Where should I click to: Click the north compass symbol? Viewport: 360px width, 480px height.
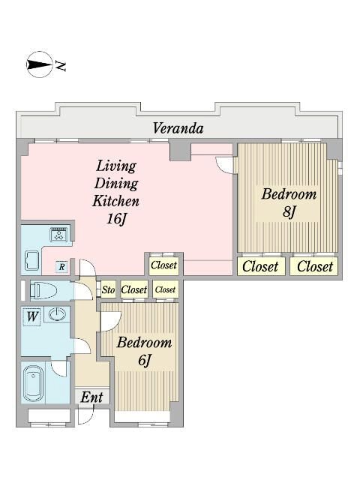[x=40, y=64]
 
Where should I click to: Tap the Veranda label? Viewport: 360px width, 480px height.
[x=178, y=128]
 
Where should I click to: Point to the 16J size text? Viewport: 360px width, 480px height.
[x=116, y=218]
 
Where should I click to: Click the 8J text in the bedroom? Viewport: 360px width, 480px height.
[x=289, y=211]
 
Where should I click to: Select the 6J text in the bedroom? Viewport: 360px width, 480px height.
[x=145, y=360]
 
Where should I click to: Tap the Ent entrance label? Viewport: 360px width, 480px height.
[x=91, y=397]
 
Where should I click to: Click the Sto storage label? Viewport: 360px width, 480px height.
[x=108, y=289]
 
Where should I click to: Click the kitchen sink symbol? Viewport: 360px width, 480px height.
[x=31, y=260]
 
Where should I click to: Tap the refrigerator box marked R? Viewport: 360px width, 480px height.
[x=61, y=267]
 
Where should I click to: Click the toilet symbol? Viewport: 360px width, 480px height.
[x=43, y=290]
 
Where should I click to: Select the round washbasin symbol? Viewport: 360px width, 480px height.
[x=57, y=314]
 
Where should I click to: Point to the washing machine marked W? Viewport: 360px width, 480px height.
[x=31, y=316]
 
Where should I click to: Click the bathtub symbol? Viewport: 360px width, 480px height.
[x=33, y=383]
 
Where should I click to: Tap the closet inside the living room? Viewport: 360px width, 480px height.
[x=163, y=265]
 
